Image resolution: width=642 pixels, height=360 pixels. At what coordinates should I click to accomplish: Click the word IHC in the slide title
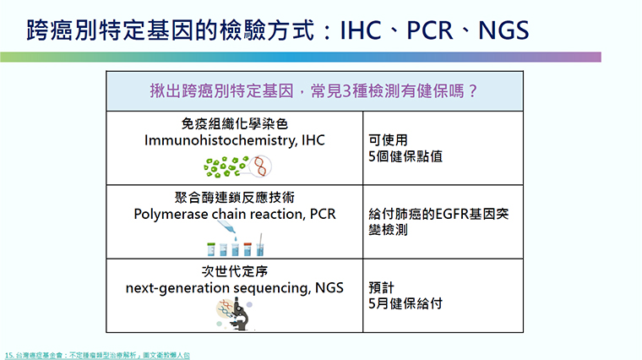[x=361, y=30]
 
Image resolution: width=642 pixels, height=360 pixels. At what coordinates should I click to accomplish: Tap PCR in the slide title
[x=430, y=30]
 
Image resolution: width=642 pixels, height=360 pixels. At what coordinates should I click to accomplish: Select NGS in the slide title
[x=503, y=30]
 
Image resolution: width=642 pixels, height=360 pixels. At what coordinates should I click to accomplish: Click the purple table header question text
[x=313, y=90]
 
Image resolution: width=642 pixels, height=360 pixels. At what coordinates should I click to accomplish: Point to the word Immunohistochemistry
[x=220, y=140]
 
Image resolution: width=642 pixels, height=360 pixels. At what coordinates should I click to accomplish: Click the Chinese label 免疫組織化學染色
[x=235, y=123]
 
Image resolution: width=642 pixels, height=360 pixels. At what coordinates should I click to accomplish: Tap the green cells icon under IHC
[x=226, y=166]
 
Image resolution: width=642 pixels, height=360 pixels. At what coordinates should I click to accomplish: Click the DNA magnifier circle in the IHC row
[x=261, y=166]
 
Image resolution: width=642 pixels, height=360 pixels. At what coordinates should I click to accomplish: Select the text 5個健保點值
[x=405, y=156]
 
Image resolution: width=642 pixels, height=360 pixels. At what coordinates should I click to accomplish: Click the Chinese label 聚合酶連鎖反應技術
[x=235, y=198]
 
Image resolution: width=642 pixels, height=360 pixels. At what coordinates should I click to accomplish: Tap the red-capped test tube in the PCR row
[x=248, y=249]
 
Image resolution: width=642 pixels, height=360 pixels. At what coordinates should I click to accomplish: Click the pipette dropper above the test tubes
[x=226, y=227]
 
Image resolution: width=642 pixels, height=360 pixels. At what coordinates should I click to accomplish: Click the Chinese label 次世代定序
[x=235, y=271]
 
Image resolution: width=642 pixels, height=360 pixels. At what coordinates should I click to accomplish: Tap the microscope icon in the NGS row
[x=240, y=315]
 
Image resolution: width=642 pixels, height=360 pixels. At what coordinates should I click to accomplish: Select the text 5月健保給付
[x=405, y=303]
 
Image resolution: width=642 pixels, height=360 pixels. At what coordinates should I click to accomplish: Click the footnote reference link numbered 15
[x=97, y=355]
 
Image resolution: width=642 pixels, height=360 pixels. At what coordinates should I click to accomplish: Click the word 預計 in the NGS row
[x=381, y=287]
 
